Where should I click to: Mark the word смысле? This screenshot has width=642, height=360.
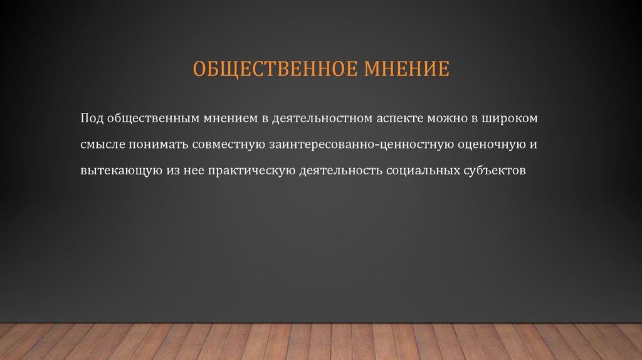(102, 144)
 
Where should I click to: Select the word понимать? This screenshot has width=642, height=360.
(157, 144)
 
